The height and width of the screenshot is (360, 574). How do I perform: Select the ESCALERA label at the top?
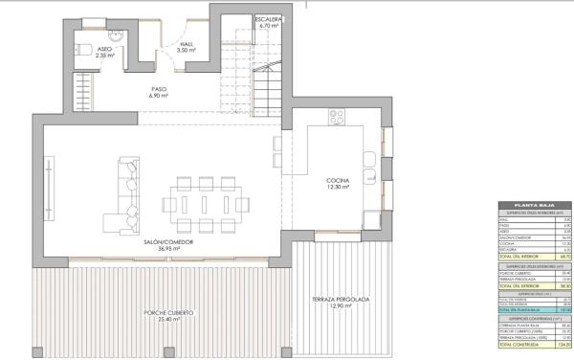pyautogui.click(x=267, y=18)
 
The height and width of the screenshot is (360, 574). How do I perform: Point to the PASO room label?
pyautogui.click(x=159, y=88)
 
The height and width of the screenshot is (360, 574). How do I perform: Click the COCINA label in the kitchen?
pyautogui.click(x=337, y=180)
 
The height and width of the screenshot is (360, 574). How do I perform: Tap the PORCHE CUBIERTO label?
pyautogui.click(x=171, y=313)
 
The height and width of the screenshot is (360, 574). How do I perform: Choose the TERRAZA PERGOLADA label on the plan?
pyautogui.click(x=341, y=300)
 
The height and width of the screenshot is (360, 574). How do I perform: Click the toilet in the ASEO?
pyautogui.click(x=81, y=49)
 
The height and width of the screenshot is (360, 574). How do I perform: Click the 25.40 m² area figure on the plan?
pyautogui.click(x=171, y=321)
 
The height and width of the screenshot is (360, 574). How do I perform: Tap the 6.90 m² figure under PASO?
pyautogui.click(x=159, y=96)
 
